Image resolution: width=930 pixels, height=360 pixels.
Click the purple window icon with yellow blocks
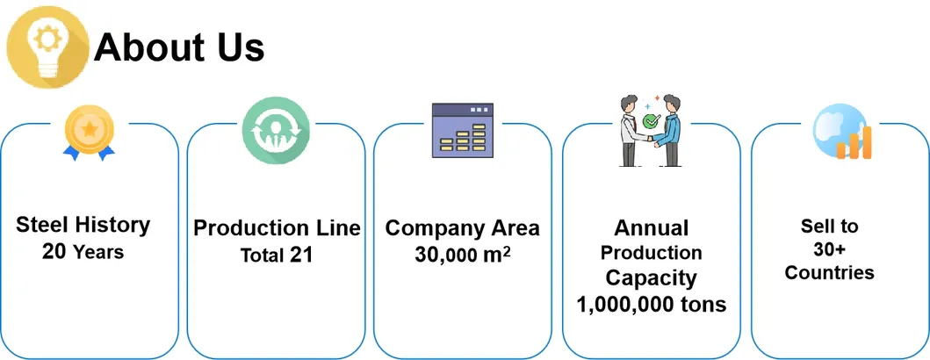(464, 131)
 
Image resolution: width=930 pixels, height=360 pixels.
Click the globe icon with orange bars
(840, 132)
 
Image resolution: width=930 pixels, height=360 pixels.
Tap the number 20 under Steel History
(54, 252)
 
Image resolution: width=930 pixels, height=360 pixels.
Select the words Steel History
(83, 226)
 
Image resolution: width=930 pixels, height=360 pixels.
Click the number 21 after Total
(301, 256)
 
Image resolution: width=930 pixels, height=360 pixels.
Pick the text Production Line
(277, 228)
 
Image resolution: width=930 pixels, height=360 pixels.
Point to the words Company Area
(463, 228)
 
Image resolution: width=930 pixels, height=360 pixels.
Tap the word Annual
(651, 228)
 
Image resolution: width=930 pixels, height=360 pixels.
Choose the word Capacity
(651, 278)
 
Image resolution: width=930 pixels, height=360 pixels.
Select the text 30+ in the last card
(829, 249)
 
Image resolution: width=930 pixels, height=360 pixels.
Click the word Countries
(829, 272)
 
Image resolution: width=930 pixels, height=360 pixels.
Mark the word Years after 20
(98, 253)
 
